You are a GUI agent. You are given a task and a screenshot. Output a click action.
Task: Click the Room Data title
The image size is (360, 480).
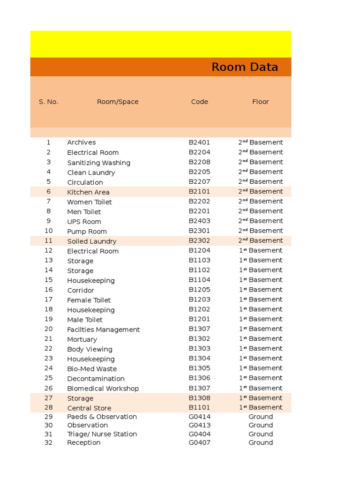pyautogui.click(x=245, y=67)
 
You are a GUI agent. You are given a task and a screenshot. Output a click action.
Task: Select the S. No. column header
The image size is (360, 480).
pyautogui.click(x=48, y=102)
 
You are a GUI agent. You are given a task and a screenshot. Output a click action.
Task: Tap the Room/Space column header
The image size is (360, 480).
pyautogui.click(x=118, y=102)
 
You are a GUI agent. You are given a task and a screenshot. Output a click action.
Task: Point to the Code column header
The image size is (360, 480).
pyautogui.click(x=200, y=102)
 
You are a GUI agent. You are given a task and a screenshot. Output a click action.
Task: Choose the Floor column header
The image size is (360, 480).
pyautogui.click(x=261, y=102)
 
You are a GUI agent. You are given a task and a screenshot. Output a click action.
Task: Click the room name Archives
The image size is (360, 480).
pyautogui.click(x=82, y=142)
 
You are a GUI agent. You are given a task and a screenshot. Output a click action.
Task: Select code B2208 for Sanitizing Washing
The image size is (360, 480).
pyautogui.click(x=200, y=162)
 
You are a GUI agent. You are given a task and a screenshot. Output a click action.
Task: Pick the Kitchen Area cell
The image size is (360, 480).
pyautogui.click(x=89, y=192)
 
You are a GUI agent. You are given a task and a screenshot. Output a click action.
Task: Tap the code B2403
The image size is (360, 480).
pyautogui.click(x=200, y=221)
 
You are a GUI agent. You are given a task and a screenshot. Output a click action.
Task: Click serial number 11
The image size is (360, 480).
pyautogui.click(x=48, y=240)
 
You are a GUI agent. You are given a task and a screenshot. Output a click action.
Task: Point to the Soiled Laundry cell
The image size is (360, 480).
pyautogui.click(x=92, y=241)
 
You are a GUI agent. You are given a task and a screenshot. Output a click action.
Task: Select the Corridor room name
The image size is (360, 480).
pyautogui.click(x=81, y=291)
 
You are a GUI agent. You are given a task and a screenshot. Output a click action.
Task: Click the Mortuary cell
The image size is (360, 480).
pyautogui.click(x=82, y=339)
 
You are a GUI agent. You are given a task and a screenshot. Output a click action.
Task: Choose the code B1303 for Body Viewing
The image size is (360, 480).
pyautogui.click(x=200, y=349)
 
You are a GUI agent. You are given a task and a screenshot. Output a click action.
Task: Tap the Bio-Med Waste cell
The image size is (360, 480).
pyautogui.click(x=92, y=369)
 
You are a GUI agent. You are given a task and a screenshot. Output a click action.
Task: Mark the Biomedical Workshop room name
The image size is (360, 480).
pyautogui.click(x=103, y=389)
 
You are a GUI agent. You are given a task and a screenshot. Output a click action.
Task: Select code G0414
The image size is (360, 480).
pyautogui.click(x=200, y=417)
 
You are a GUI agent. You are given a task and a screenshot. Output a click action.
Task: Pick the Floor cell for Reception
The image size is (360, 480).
pyautogui.click(x=261, y=442)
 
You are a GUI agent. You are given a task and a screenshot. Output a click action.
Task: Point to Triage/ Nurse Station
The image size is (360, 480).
pyautogui.click(x=102, y=434)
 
